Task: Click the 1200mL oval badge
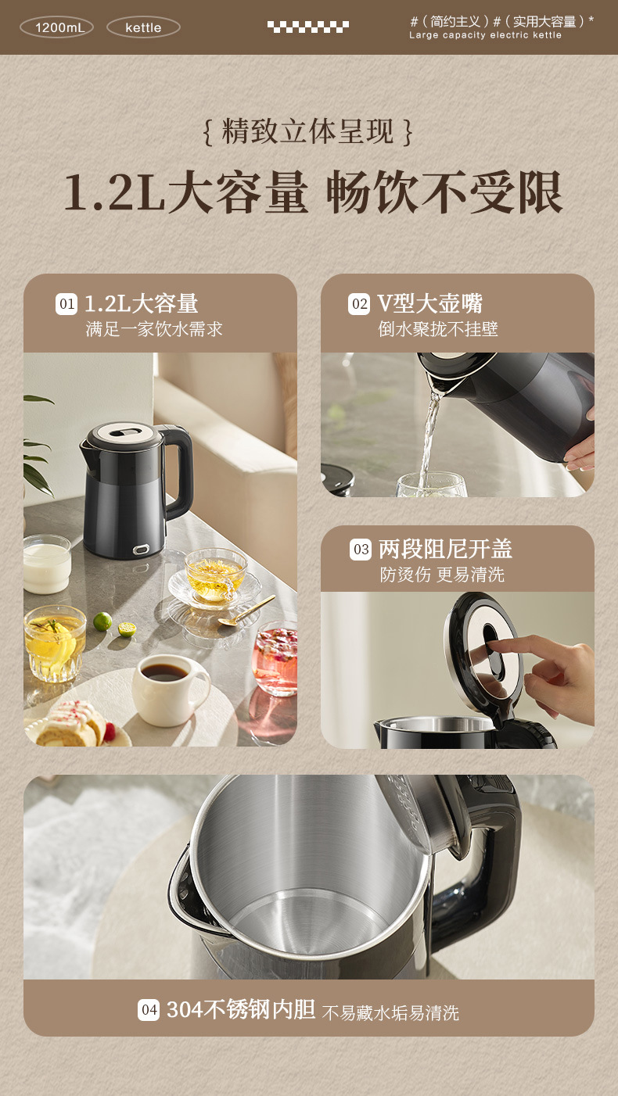coord(56,27)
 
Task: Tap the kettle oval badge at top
coord(143,27)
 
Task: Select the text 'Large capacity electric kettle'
coord(485,35)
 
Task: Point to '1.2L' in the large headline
coord(113,192)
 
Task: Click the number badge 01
coord(66,304)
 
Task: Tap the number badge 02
coord(359,304)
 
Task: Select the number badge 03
coord(361,550)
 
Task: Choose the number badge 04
coord(149,1010)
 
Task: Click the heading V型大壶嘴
coord(429,303)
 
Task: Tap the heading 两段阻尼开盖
coord(445,549)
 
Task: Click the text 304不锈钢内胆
coord(241,1010)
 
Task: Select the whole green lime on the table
coord(102,621)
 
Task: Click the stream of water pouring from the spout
coord(429,438)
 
